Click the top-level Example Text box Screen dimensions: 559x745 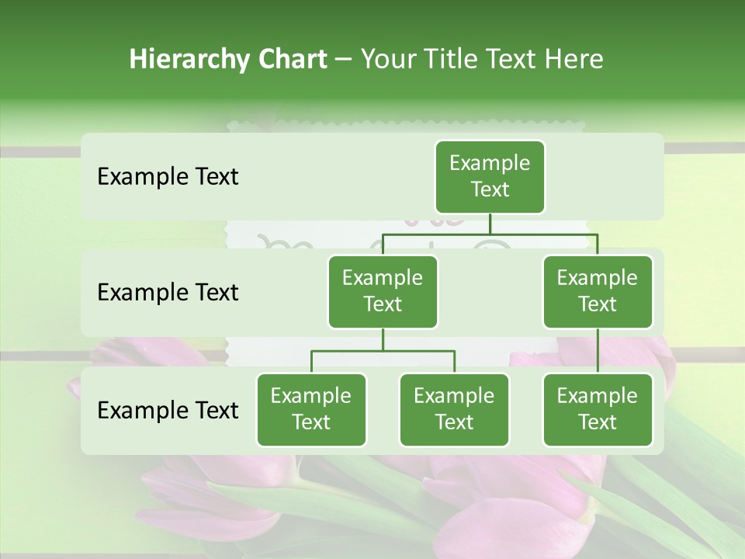pos(490,177)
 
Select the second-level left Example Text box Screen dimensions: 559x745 pos(383,292)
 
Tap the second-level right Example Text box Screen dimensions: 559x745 pos(598,292)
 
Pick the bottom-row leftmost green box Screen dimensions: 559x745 pos(311,410)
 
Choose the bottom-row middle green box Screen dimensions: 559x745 pos(454,410)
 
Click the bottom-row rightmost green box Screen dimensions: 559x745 pos(598,410)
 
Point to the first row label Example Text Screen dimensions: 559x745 pos(168,177)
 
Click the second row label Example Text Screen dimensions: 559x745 pos(168,293)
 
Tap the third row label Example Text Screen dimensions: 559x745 pos(168,411)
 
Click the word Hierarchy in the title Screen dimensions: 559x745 pos(189,60)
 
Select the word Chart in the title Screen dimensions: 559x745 pos(292,59)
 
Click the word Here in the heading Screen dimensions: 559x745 pos(574,59)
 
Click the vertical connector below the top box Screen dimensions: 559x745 pos(490,224)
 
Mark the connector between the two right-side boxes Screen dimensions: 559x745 pos(598,351)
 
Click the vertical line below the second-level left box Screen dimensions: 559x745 pos(383,339)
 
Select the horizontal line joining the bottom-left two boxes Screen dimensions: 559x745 pos(383,351)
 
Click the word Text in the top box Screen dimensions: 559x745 pos(490,190)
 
